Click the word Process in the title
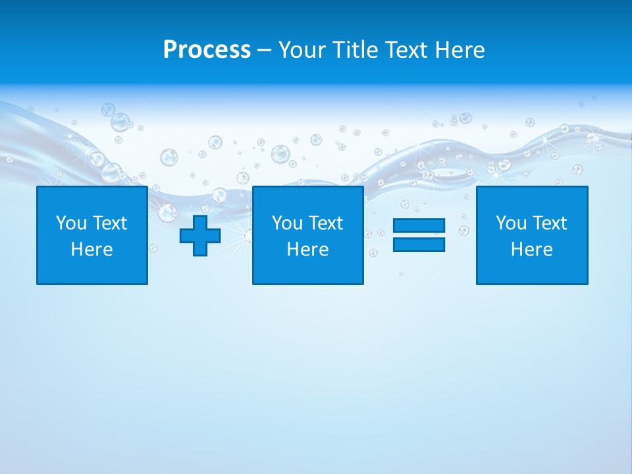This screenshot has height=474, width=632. [207, 50]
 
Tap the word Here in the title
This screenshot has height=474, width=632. [460, 50]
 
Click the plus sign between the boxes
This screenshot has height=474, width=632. [200, 236]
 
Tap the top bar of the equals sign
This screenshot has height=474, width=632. [419, 226]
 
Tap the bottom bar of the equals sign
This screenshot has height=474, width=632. [419, 244]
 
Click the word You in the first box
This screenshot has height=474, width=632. [71, 223]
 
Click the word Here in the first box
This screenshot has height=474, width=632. [92, 250]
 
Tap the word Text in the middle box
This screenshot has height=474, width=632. [326, 223]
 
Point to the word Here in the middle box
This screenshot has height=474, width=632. [308, 250]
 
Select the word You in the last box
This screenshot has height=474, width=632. [511, 223]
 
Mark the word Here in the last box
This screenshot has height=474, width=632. [532, 250]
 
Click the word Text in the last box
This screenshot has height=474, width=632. [550, 223]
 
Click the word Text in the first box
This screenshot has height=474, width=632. [110, 223]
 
